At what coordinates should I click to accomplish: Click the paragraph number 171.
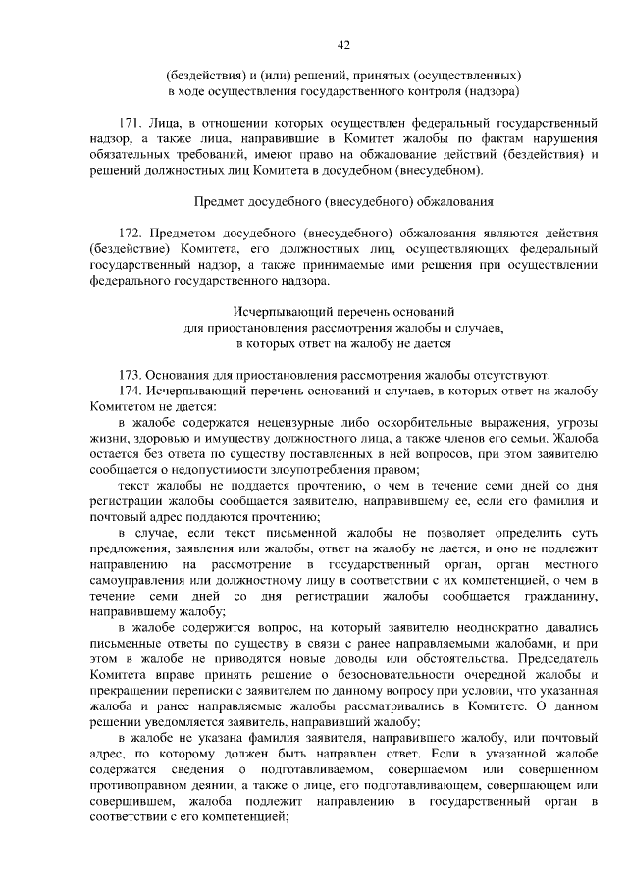[131, 124]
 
